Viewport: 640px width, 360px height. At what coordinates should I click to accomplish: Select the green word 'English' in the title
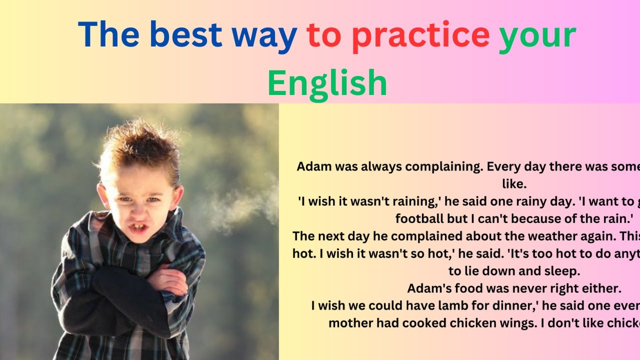327,82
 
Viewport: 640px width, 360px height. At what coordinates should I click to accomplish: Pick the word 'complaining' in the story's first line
440,166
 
